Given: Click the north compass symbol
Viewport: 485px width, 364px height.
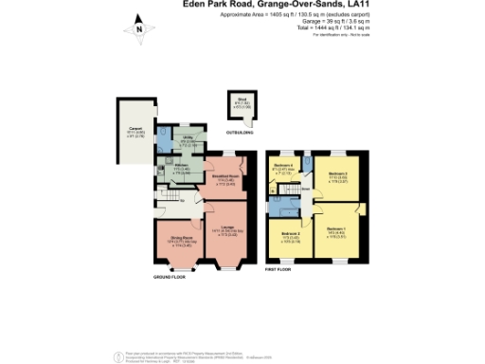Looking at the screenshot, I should tap(138, 28).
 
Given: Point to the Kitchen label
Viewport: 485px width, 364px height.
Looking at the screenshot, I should tap(179, 169).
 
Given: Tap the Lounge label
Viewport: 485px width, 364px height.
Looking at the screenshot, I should tap(227, 227).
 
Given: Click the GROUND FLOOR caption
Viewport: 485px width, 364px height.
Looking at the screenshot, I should tap(170, 277).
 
